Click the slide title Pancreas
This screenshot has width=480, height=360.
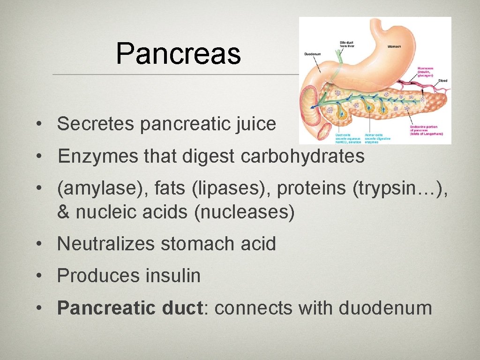point(178,53)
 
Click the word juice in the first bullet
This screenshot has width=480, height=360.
point(256,124)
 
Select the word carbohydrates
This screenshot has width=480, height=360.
point(302,157)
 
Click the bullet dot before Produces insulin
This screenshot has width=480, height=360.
point(42,277)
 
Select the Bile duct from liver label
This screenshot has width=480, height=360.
point(346,45)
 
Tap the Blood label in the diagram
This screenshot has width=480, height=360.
point(442,81)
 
